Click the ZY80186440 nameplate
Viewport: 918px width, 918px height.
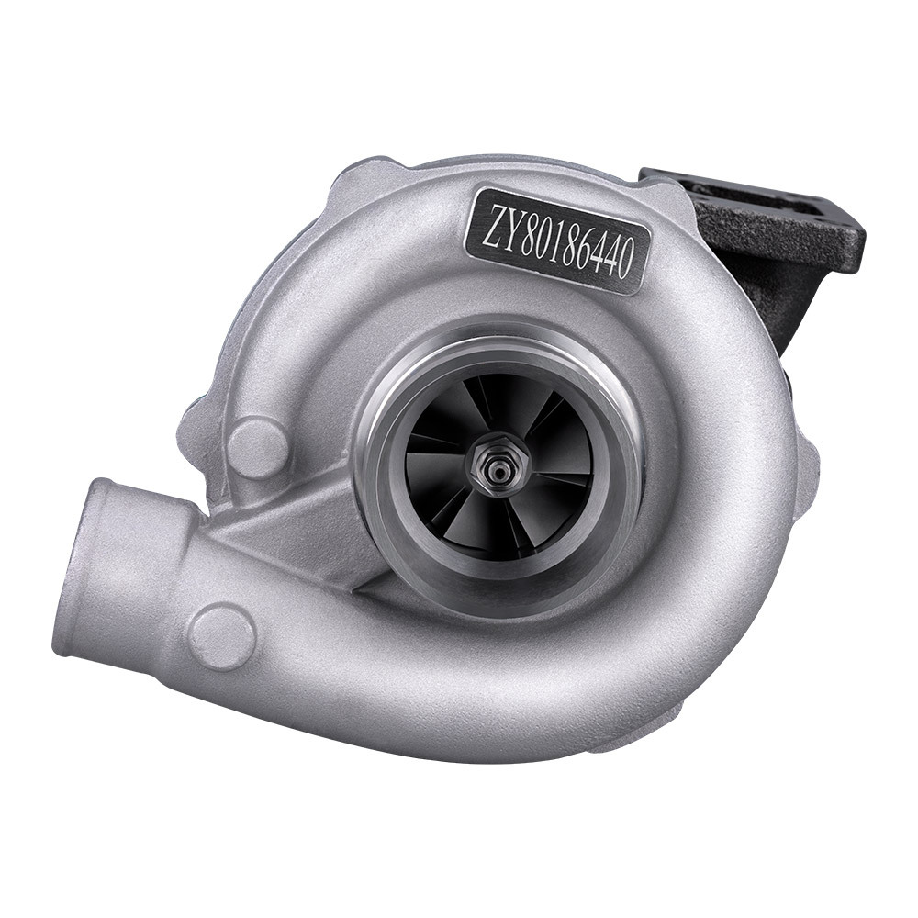tap(557, 240)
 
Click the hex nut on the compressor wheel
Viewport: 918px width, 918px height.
tap(494, 465)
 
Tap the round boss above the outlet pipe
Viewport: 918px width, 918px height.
tap(257, 446)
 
